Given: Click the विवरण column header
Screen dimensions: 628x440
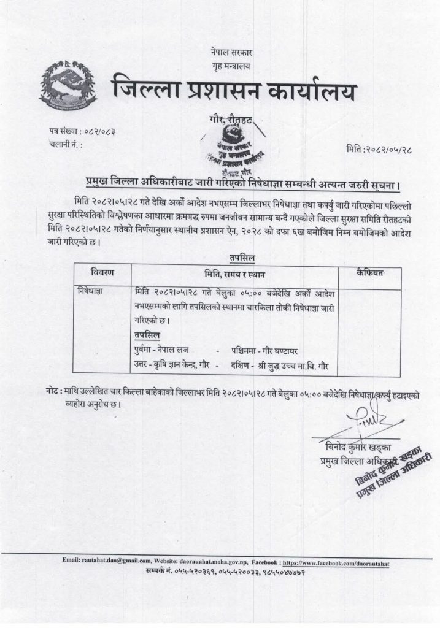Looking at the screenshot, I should tap(102, 272).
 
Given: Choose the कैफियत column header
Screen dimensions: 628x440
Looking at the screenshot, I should tap(369, 272).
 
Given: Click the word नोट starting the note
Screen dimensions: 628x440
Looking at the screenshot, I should tap(53, 391).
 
